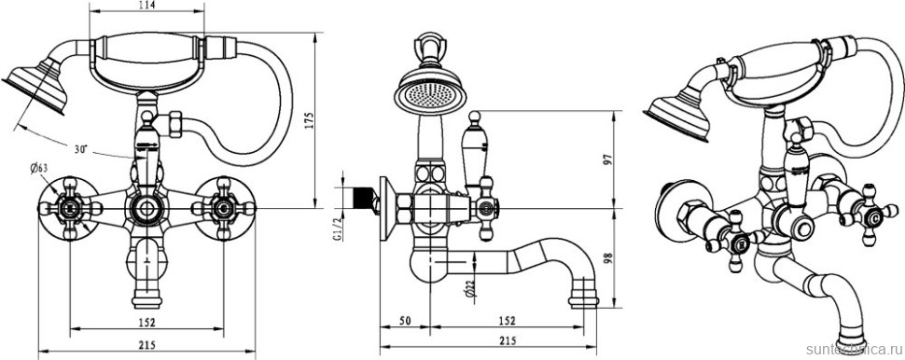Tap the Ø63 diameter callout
point(39,168)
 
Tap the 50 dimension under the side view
point(404,322)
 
